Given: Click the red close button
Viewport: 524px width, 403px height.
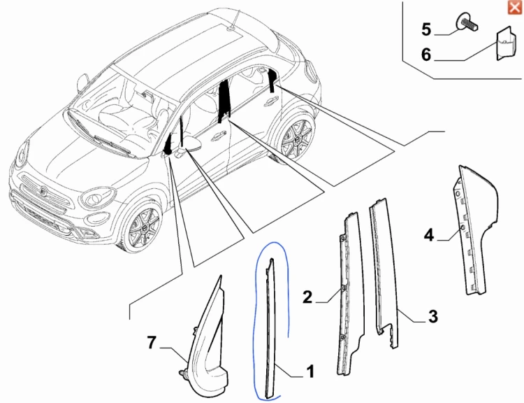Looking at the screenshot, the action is click(x=515, y=8).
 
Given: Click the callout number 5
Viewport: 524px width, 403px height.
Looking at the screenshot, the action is click(x=426, y=29).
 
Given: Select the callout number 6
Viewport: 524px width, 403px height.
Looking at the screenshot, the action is click(x=426, y=55).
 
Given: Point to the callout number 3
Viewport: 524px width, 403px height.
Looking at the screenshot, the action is click(x=433, y=316).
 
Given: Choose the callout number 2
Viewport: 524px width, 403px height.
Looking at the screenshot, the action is click(x=307, y=297).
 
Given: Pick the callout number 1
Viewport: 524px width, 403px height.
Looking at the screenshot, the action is click(x=311, y=372).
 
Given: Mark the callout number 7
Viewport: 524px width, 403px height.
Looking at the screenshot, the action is click(x=152, y=342).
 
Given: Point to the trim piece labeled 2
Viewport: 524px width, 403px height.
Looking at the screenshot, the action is click(x=349, y=295).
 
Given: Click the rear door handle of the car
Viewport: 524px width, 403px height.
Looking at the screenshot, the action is click(x=270, y=102).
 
